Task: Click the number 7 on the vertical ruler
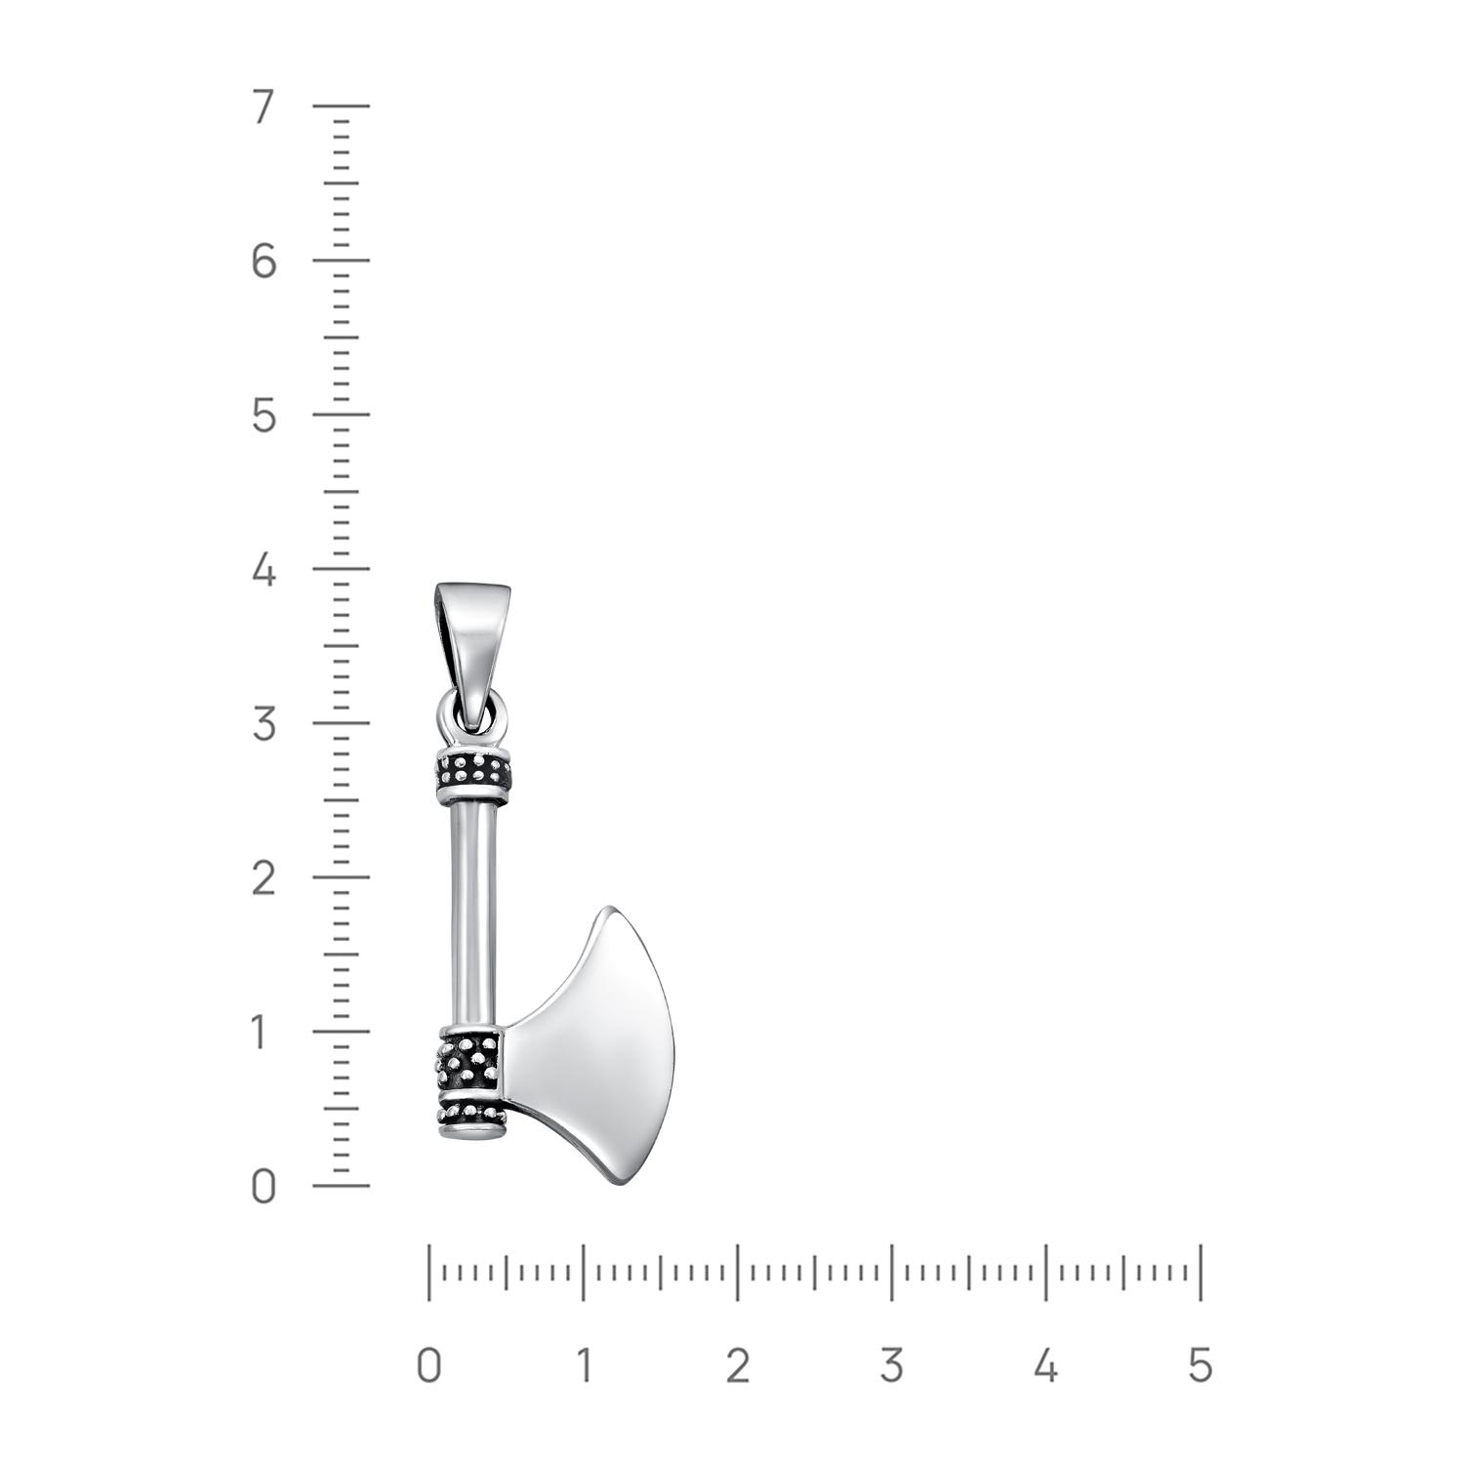pos(264,106)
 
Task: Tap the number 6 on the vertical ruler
pos(264,261)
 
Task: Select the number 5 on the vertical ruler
pos(264,416)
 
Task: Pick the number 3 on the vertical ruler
pos(264,724)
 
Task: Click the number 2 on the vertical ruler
pos(264,878)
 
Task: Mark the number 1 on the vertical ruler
pos(261,1033)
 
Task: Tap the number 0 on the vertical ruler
pos(264,1187)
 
